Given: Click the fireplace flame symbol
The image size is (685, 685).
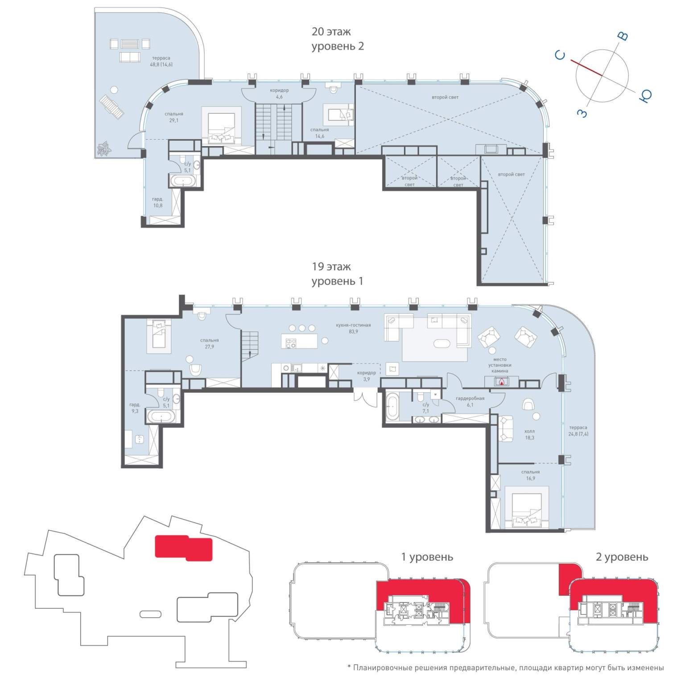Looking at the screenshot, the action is click(x=502, y=382).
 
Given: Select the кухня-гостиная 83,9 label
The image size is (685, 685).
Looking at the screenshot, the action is click(x=353, y=328).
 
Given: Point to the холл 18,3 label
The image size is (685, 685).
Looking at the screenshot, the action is click(x=529, y=434).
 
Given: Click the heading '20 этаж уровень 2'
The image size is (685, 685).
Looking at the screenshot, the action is click(x=338, y=39).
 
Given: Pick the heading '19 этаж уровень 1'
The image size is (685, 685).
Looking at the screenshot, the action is click(x=337, y=274).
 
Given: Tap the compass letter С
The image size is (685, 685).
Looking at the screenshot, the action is click(x=561, y=55).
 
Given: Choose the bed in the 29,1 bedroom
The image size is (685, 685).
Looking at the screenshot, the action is click(x=222, y=127).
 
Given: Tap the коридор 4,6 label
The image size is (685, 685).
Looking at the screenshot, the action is click(x=279, y=93).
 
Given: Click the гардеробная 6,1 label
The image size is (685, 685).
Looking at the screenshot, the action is click(x=470, y=401).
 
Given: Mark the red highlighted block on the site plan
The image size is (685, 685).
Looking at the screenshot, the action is click(x=183, y=548).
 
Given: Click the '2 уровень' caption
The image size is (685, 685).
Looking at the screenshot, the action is click(x=622, y=557).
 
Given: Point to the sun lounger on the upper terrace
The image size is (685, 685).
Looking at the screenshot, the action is click(x=111, y=107).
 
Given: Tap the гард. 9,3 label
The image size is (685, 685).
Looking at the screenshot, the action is click(x=134, y=408).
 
